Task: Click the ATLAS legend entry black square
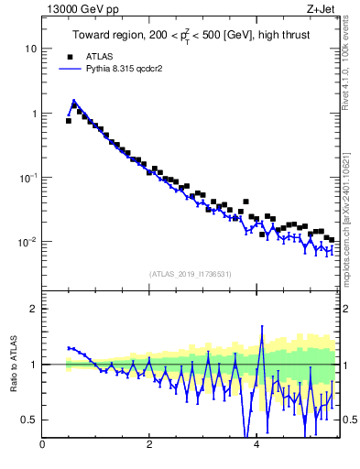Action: pyautogui.click(x=68, y=56)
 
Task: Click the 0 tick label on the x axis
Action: pyautogui.click(x=42, y=446)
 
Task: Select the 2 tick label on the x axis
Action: pyautogui.click(x=149, y=446)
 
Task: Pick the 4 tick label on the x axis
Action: pyautogui.click(x=256, y=446)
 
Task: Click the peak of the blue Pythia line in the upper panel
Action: pyautogui.click(x=73, y=102)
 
